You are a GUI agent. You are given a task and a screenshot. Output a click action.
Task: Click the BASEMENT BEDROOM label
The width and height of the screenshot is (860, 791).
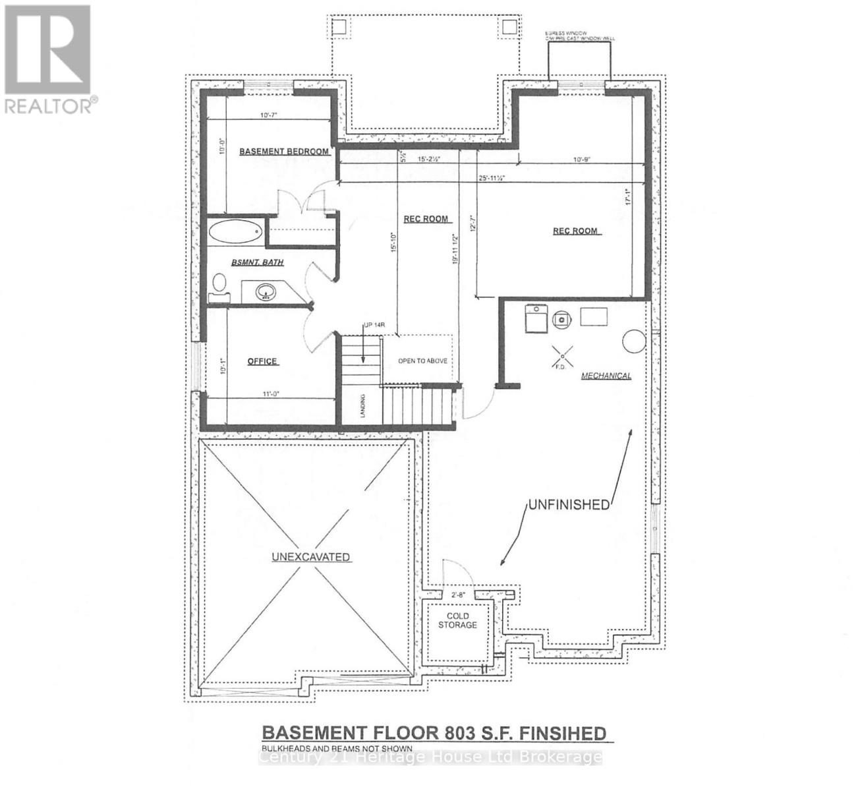283,152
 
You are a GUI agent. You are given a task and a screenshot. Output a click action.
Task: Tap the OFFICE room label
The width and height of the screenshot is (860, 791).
262,361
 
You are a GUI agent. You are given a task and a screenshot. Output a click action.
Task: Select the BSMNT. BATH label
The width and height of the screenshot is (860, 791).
257,262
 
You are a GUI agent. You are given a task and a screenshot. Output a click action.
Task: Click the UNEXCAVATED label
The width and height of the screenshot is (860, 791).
310,557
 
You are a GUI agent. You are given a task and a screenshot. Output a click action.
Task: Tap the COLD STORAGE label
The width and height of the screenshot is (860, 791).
457,620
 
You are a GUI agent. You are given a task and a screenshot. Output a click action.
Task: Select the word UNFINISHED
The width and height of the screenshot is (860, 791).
568,505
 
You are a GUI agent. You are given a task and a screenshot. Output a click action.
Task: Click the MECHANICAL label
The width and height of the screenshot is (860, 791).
606,376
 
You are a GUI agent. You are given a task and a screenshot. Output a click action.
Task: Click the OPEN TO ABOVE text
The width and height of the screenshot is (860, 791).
422,361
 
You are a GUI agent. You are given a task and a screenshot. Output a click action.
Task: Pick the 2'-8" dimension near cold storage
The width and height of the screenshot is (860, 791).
457,595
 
